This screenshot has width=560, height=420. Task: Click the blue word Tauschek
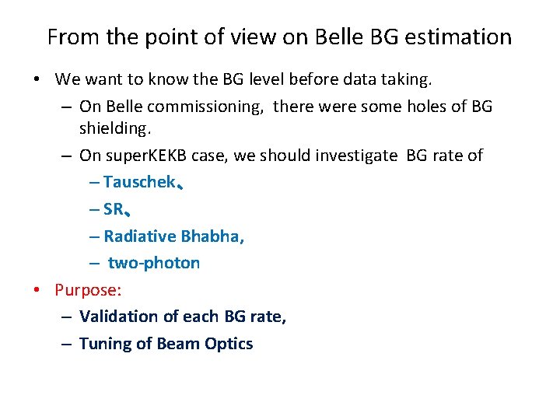(x=138, y=183)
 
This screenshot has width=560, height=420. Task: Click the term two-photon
(x=154, y=264)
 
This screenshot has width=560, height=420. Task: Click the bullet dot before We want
(x=37, y=80)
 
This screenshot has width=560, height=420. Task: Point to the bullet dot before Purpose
(x=37, y=291)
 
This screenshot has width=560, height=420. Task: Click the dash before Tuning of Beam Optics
(x=68, y=345)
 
